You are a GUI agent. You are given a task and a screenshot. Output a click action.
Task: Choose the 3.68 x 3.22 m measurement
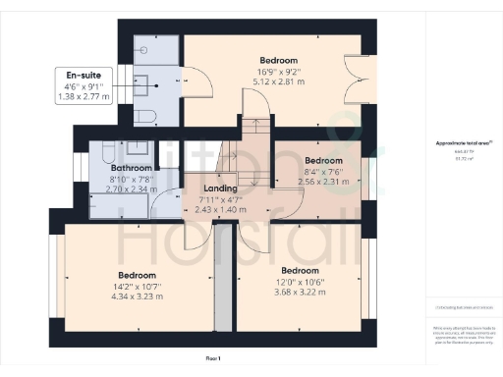(x=301, y=293)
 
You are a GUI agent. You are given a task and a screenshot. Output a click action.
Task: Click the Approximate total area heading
(x=456, y=143)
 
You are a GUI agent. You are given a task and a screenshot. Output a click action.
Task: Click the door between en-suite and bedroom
(x=193, y=81)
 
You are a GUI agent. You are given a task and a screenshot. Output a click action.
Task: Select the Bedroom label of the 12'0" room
(x=301, y=270)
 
